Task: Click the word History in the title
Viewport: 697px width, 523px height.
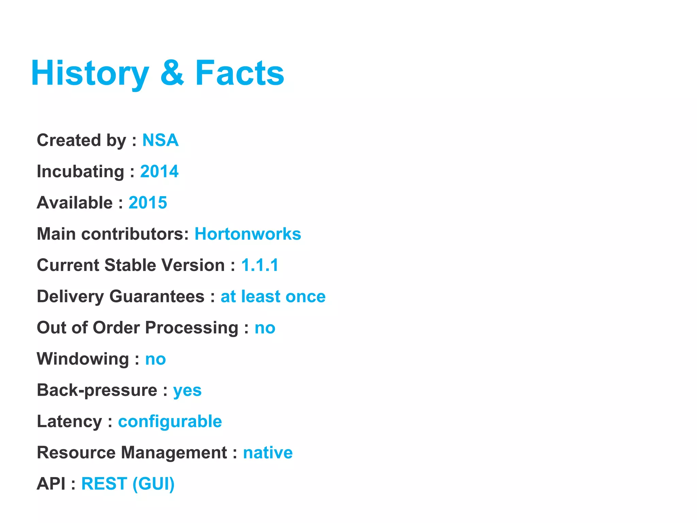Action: point(90,73)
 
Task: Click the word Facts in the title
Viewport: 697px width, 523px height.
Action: point(240,73)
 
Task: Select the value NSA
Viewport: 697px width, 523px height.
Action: point(160,140)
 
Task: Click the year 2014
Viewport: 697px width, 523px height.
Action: point(159,171)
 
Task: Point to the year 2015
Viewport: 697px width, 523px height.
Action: point(148,203)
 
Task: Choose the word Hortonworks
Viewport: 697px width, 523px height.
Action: point(248,234)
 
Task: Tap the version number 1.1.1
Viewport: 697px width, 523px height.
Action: point(260,265)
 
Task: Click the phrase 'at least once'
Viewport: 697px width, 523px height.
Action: point(273,297)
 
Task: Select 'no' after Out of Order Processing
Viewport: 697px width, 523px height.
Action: point(265,328)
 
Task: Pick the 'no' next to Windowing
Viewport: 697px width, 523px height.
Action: point(156,359)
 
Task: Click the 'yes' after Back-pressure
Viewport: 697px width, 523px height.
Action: point(187,391)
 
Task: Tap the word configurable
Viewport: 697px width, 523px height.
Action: point(170,422)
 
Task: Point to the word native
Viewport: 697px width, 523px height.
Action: point(268,453)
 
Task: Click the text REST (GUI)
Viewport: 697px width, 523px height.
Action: point(128,484)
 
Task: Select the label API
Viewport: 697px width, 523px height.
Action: point(51,484)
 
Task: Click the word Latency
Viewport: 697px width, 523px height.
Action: point(69,422)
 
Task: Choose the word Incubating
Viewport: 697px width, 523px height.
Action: point(80,171)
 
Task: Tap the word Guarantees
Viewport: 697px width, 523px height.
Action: point(157,297)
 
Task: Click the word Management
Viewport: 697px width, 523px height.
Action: point(174,453)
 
